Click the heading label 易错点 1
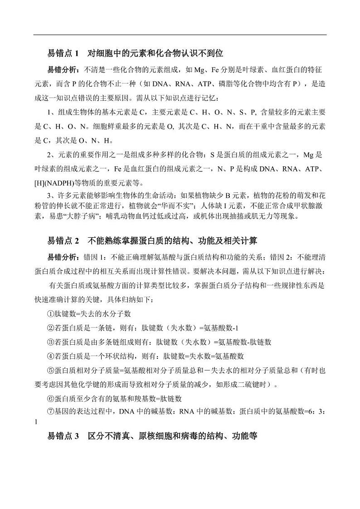pyautogui.click(x=63, y=54)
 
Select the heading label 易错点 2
pyautogui.click(x=63, y=240)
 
